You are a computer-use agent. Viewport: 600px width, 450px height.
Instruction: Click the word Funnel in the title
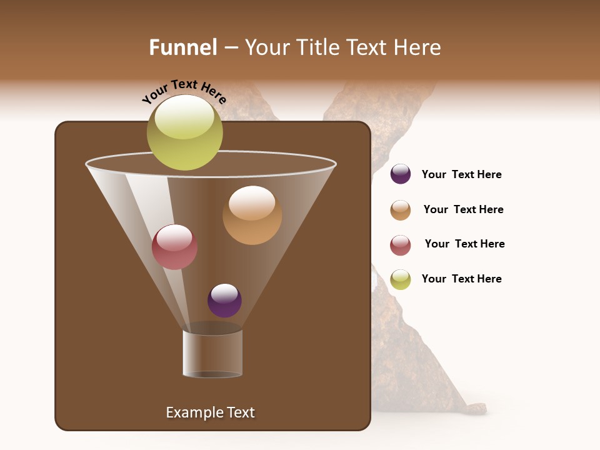[183, 47]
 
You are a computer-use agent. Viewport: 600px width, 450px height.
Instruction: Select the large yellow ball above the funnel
[185, 132]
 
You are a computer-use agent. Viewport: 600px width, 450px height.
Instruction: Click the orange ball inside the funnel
[252, 215]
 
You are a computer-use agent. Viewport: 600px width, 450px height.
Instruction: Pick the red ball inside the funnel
[174, 247]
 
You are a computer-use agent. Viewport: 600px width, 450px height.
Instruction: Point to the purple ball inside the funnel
[224, 300]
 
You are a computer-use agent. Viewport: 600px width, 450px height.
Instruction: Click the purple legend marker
[401, 174]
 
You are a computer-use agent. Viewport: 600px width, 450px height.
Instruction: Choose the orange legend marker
[401, 210]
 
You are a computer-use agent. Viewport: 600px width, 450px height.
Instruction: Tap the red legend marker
[401, 245]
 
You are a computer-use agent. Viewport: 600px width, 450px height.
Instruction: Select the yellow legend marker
[401, 279]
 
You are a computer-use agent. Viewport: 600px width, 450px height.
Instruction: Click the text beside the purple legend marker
[461, 174]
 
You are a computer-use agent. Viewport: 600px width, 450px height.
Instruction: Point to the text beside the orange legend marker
[463, 209]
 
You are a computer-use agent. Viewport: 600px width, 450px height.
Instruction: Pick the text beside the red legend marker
[464, 244]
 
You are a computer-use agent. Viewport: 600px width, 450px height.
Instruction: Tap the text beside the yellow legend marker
[461, 279]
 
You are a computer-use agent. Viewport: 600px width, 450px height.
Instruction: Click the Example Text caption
[210, 412]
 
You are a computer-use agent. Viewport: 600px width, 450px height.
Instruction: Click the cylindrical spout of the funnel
[212, 354]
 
